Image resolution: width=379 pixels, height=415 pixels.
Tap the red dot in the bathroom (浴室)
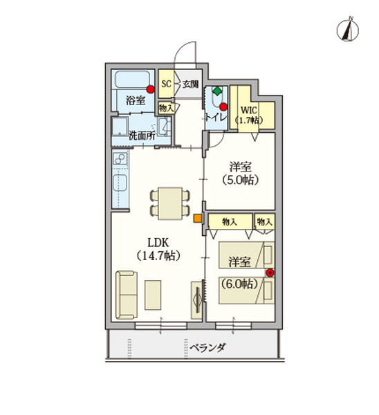151,89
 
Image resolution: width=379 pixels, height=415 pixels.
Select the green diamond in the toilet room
217,91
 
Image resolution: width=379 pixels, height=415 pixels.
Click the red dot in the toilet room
225,106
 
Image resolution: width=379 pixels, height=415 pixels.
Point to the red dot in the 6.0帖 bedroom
270,272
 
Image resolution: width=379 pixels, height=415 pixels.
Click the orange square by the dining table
197,220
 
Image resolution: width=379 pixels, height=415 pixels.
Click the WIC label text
248,109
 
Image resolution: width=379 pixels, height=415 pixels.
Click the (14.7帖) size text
158,255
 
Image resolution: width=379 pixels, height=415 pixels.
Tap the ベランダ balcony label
207,347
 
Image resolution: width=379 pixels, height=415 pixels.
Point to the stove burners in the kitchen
119,163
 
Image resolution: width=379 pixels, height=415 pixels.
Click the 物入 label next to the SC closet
166,107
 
